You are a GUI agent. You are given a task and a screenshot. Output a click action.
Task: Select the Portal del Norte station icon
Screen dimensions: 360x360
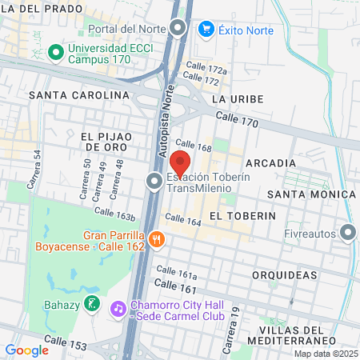pyautogui.click(x=178, y=30)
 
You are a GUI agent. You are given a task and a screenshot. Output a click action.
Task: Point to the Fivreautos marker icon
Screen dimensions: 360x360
pyautogui.click(x=347, y=233)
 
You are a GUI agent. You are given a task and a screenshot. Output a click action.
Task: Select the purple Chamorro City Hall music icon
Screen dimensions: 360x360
pyautogui.click(x=118, y=307)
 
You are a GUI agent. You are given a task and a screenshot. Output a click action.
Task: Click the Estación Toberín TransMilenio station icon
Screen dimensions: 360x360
pyautogui.click(x=154, y=182)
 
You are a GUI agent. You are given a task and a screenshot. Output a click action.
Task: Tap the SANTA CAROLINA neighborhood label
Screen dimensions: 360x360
pyautogui.click(x=78, y=94)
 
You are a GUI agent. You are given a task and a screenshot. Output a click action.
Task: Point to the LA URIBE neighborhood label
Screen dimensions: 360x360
pyautogui.click(x=234, y=98)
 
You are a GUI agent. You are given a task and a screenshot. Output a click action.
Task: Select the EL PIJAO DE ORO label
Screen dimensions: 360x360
pyautogui.click(x=108, y=142)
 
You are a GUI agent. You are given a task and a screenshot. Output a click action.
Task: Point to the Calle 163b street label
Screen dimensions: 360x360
pyautogui.click(x=114, y=214)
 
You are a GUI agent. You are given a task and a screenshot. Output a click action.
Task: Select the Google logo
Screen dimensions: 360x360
pyautogui.click(x=26, y=350)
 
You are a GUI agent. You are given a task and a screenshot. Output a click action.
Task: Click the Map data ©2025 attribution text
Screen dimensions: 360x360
pyautogui.click(x=324, y=353)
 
